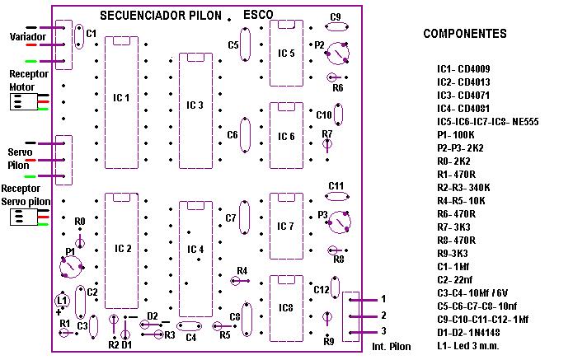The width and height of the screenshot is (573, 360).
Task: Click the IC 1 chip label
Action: [121, 98]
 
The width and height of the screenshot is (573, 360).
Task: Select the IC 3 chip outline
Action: [179, 110]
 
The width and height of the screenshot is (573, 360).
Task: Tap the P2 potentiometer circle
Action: [328, 54]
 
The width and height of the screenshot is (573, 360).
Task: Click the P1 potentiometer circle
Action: [60, 267]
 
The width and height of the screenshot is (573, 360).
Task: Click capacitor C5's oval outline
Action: [240, 44]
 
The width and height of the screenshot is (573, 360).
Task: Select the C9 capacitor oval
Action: [336, 22]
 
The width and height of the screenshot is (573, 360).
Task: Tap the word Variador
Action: [28, 37]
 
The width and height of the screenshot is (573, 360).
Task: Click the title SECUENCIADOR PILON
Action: [161, 16]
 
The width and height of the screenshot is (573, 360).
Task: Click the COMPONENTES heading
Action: [465, 34]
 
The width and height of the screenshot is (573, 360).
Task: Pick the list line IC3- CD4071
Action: [463, 96]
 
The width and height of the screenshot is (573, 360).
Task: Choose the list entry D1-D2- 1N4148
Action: [468, 333]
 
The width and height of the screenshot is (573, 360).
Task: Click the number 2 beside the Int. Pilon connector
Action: [383, 315]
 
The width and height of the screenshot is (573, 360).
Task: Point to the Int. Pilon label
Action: [392, 347]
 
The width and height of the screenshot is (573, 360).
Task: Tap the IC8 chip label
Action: [286, 308]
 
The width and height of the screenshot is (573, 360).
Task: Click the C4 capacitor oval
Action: [189, 321]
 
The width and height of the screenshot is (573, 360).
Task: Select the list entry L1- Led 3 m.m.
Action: [468, 346]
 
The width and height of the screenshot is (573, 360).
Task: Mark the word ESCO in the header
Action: [258, 15]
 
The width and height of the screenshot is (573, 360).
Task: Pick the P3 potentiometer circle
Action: [328, 222]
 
